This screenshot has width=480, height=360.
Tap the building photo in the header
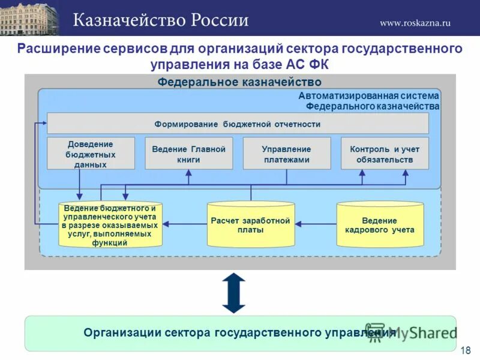(x=29, y=18)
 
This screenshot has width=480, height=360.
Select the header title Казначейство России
(x=161, y=20)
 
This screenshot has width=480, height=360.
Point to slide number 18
(x=466, y=350)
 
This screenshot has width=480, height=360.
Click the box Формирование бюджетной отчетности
(x=238, y=124)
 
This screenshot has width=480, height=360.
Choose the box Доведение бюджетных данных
(x=91, y=154)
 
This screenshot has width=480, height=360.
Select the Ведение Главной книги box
(x=188, y=154)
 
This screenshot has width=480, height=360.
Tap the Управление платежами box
(x=286, y=154)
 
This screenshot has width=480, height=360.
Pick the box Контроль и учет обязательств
(x=385, y=154)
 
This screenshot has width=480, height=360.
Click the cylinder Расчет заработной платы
(x=251, y=224)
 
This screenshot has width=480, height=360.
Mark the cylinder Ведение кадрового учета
(x=380, y=224)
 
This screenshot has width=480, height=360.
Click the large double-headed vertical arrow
(x=234, y=293)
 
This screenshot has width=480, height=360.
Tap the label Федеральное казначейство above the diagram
(x=239, y=82)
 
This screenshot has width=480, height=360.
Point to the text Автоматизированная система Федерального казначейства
(x=368, y=101)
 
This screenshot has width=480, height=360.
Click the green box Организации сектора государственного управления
(x=240, y=333)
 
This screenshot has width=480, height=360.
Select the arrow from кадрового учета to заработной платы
(x=316, y=224)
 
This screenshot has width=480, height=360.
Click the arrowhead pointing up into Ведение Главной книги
(x=188, y=173)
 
